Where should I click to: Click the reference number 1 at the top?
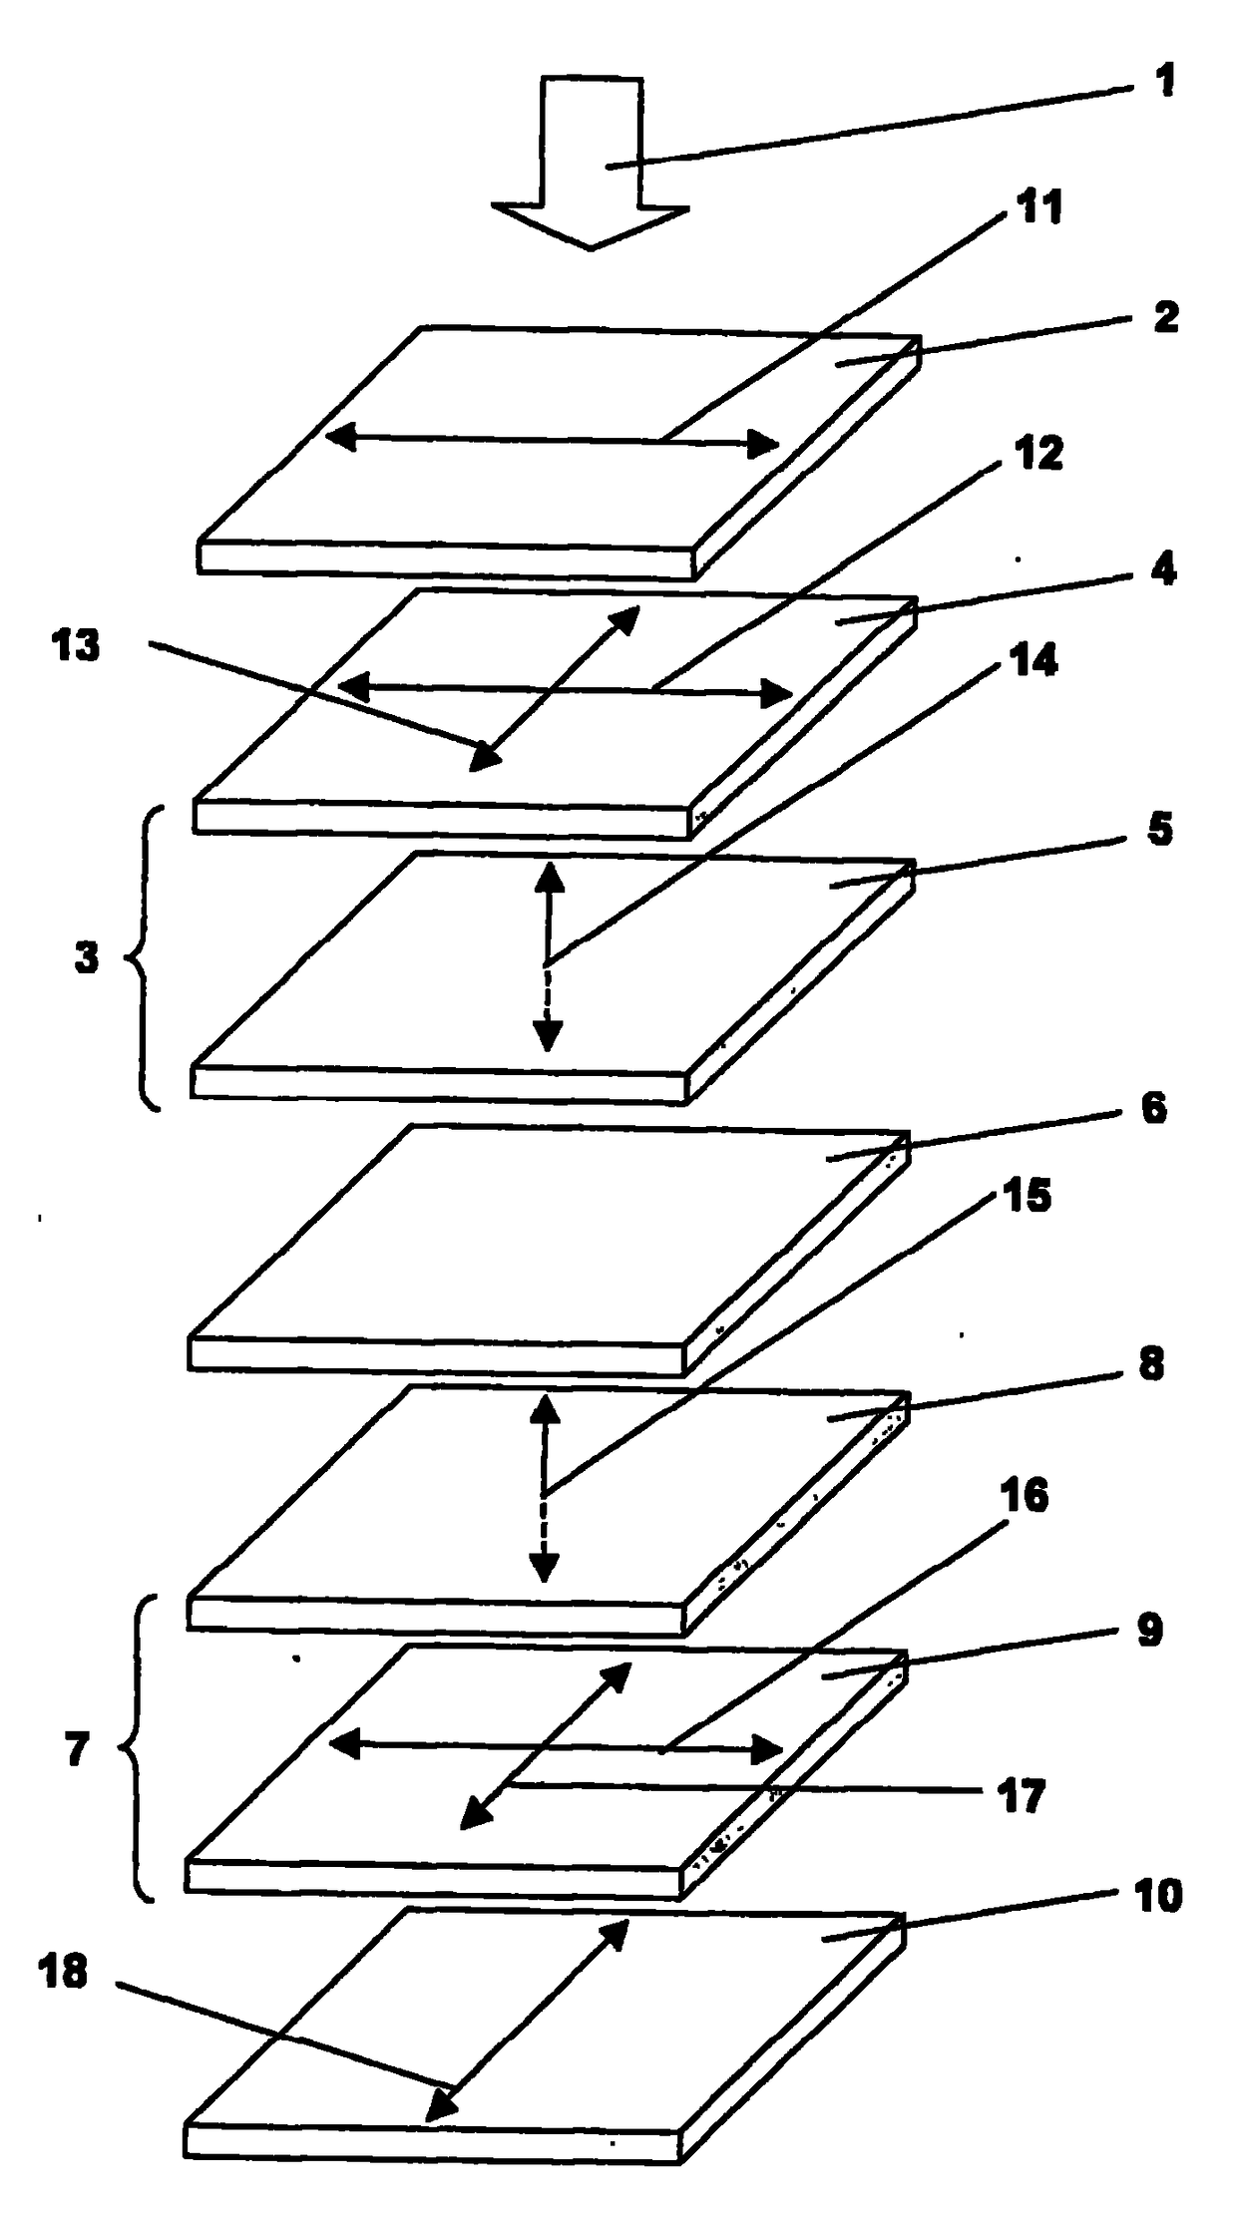click(x=1164, y=80)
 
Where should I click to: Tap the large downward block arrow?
click(x=591, y=162)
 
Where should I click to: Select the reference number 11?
click(x=1039, y=207)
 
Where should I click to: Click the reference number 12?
click(x=1038, y=454)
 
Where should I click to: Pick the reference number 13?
click(x=77, y=646)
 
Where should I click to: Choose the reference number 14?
click(x=1032, y=660)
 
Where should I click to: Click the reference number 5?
click(x=1159, y=830)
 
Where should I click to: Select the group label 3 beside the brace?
click(x=87, y=957)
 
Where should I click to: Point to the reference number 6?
click(x=1153, y=1109)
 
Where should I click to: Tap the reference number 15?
click(x=1027, y=1195)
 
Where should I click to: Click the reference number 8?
click(x=1151, y=1364)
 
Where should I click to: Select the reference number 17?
click(x=1021, y=1797)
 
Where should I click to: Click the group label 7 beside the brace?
click(x=78, y=1750)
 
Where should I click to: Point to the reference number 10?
click(x=1157, y=1897)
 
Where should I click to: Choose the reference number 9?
click(x=1149, y=1631)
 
